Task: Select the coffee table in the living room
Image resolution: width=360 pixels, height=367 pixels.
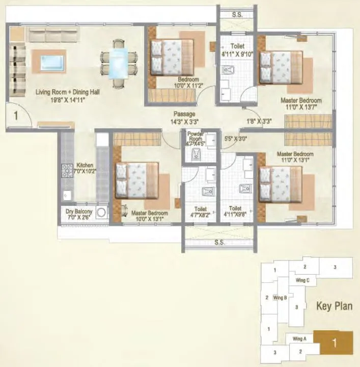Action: pyautogui.click(x=49, y=64)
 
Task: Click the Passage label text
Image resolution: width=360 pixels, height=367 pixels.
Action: pyautogui.click(x=184, y=114)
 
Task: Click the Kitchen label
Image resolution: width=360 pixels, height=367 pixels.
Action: pyautogui.click(x=84, y=166)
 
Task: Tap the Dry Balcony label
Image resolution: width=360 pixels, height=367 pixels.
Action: pyautogui.click(x=78, y=210)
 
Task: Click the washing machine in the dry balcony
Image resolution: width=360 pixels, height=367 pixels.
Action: pyautogui.click(x=101, y=213)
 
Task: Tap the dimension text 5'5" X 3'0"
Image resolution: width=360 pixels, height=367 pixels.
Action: pyautogui.click(x=235, y=138)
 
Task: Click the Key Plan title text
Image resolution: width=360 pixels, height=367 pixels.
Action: pyautogui.click(x=334, y=306)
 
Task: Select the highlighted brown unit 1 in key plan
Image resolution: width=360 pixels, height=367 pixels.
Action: pyautogui.click(x=334, y=343)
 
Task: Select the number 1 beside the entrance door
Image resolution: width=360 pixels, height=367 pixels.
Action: pyautogui.click(x=16, y=116)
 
